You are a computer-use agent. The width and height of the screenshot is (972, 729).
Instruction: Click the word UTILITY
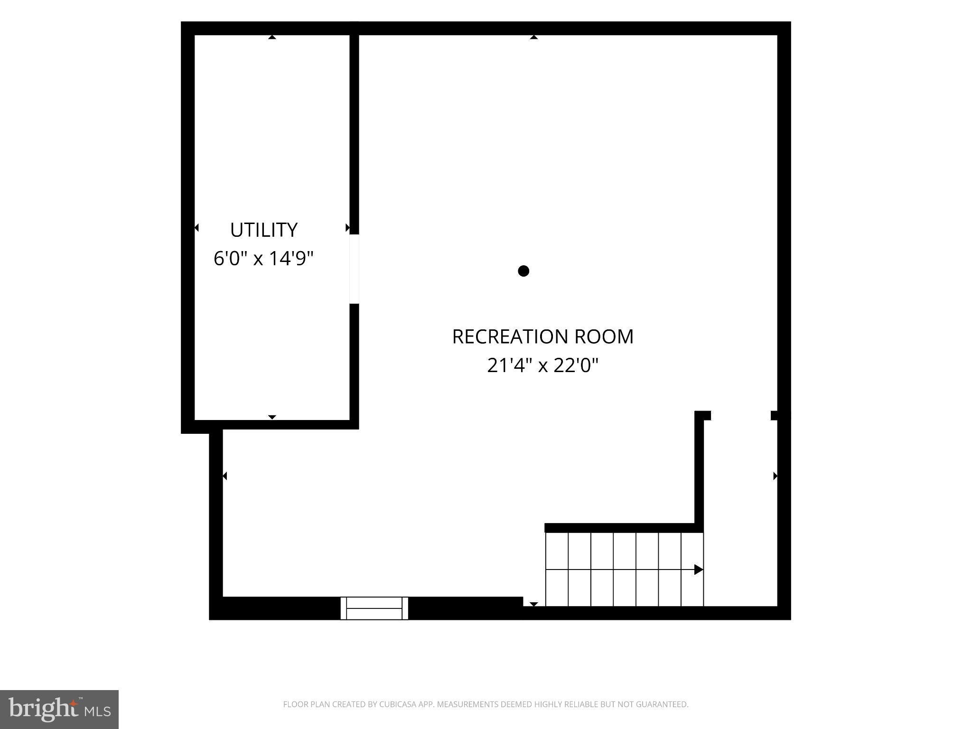point(264,230)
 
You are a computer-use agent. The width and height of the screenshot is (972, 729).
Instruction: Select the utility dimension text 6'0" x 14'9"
point(264,259)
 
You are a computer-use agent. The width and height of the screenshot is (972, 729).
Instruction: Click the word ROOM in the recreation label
point(604,336)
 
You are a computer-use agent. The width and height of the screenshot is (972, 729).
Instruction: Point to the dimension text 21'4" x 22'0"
point(543,365)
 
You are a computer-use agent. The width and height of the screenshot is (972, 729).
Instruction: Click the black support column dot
point(523,271)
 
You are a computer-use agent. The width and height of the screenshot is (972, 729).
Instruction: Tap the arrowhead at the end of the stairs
point(699,570)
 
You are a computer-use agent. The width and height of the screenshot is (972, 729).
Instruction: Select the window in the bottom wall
point(374,608)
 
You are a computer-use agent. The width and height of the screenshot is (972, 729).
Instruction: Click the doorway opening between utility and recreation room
point(354,269)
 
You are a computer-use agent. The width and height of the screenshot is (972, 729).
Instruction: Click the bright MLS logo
point(59,710)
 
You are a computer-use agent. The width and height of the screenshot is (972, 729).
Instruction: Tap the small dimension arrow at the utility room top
point(272,37)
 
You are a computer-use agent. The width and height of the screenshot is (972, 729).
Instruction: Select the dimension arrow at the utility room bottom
point(272,417)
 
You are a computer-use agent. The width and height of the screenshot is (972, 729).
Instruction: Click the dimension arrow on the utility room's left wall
point(196,228)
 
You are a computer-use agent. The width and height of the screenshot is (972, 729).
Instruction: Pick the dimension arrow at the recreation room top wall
point(534,37)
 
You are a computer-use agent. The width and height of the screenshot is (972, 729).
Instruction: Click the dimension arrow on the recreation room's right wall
point(776,476)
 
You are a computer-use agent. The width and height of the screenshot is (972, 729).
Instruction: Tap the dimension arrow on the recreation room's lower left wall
point(224,476)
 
